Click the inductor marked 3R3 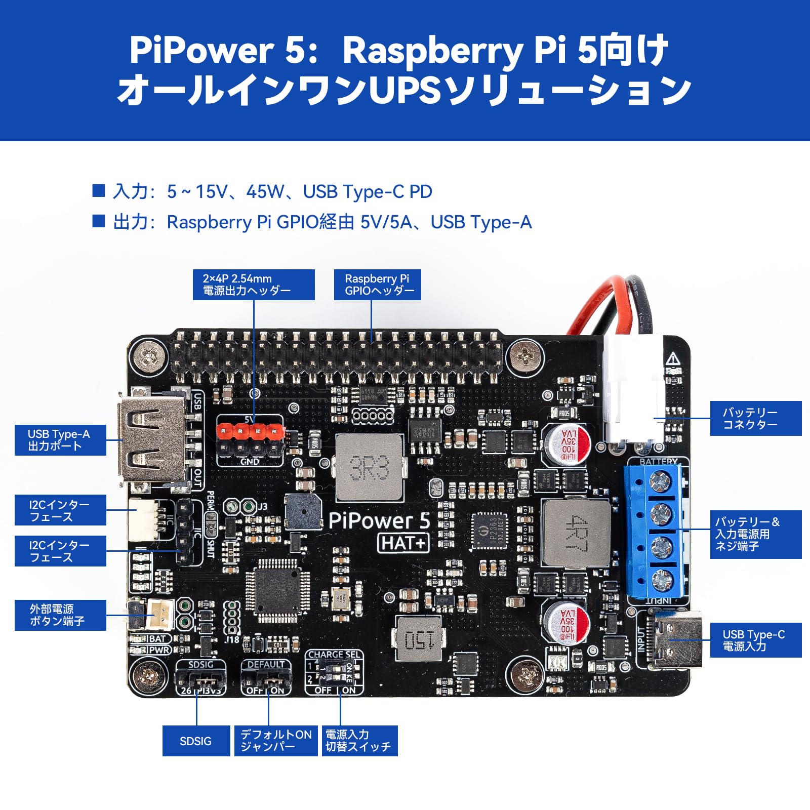[370, 467]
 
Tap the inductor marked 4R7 [576, 532]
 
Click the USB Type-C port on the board [675, 639]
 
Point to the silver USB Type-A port [150, 438]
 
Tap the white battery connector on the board [634, 390]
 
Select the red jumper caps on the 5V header [249, 431]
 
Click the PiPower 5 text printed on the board [379, 520]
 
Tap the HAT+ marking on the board [403, 543]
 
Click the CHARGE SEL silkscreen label [334, 655]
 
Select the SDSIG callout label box [196, 741]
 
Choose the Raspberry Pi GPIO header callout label [378, 285]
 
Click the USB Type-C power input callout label [755, 640]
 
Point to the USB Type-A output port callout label [60, 440]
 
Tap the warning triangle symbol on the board [673, 359]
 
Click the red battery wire [592, 303]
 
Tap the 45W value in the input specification [265, 192]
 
